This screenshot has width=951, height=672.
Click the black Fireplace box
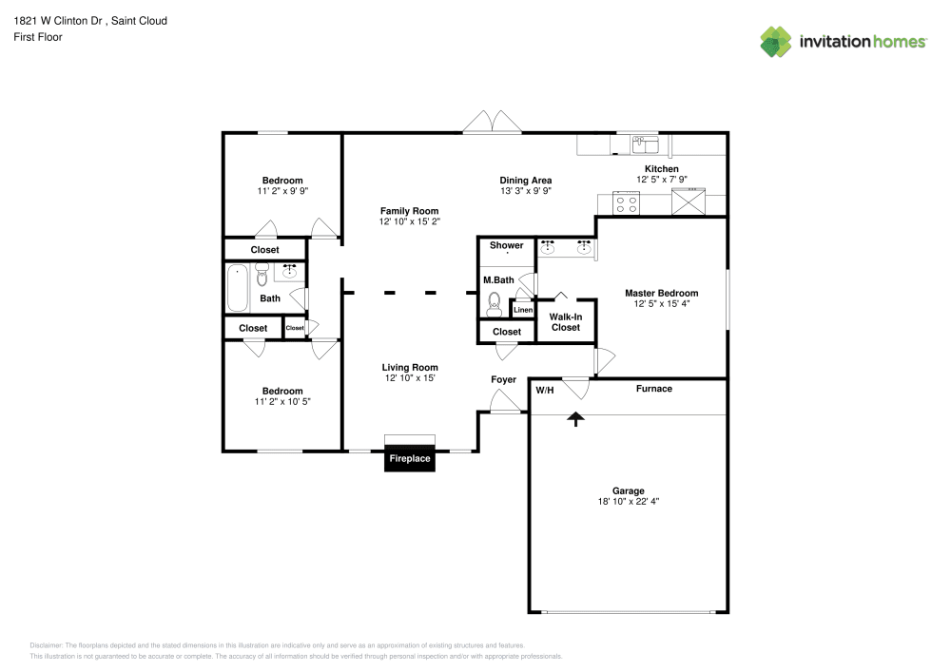tap(409, 459)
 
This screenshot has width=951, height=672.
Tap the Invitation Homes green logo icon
tap(776, 42)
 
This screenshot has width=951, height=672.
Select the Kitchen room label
tap(661, 169)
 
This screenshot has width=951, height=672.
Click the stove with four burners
tap(626, 203)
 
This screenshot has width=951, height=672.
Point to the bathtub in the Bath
tap(237, 288)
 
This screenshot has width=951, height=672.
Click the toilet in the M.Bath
tap(495, 305)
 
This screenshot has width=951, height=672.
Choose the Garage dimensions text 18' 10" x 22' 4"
tap(628, 501)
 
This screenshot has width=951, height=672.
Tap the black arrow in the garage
tap(575, 419)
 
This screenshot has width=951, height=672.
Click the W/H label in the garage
tap(545, 391)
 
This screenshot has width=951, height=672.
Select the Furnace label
tap(654, 389)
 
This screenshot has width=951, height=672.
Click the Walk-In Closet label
tap(565, 322)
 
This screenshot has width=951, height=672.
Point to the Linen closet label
tap(523, 310)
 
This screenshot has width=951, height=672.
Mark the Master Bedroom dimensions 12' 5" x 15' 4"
tap(661, 303)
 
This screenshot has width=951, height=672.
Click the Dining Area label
tap(525, 180)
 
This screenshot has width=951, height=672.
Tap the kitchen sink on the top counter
tap(646, 144)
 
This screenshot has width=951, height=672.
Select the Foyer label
tap(503, 379)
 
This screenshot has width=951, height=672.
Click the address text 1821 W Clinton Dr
tap(58, 21)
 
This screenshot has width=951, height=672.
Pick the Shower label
tap(507, 245)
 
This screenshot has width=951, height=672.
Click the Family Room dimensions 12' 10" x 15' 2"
tap(409, 221)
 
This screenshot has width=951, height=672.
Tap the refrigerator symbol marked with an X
tap(689, 202)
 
